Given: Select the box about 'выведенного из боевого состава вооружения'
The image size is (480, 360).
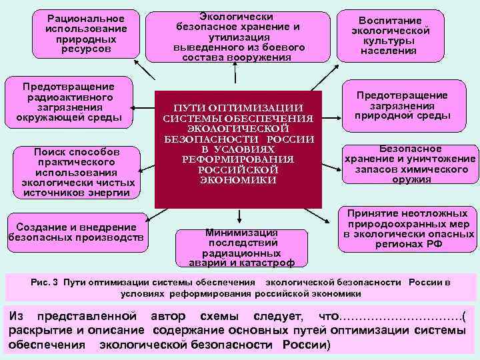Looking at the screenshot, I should [x=238, y=37].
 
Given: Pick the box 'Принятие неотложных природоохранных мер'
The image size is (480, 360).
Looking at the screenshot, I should [x=407, y=229].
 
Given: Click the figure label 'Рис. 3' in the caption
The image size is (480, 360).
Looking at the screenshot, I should [x=46, y=283].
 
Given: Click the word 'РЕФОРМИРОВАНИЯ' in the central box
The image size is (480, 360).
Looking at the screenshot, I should [x=238, y=159].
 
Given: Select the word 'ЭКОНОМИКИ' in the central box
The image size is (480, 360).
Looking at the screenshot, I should [x=238, y=181].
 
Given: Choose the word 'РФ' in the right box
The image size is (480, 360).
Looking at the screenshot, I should [x=433, y=244].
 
